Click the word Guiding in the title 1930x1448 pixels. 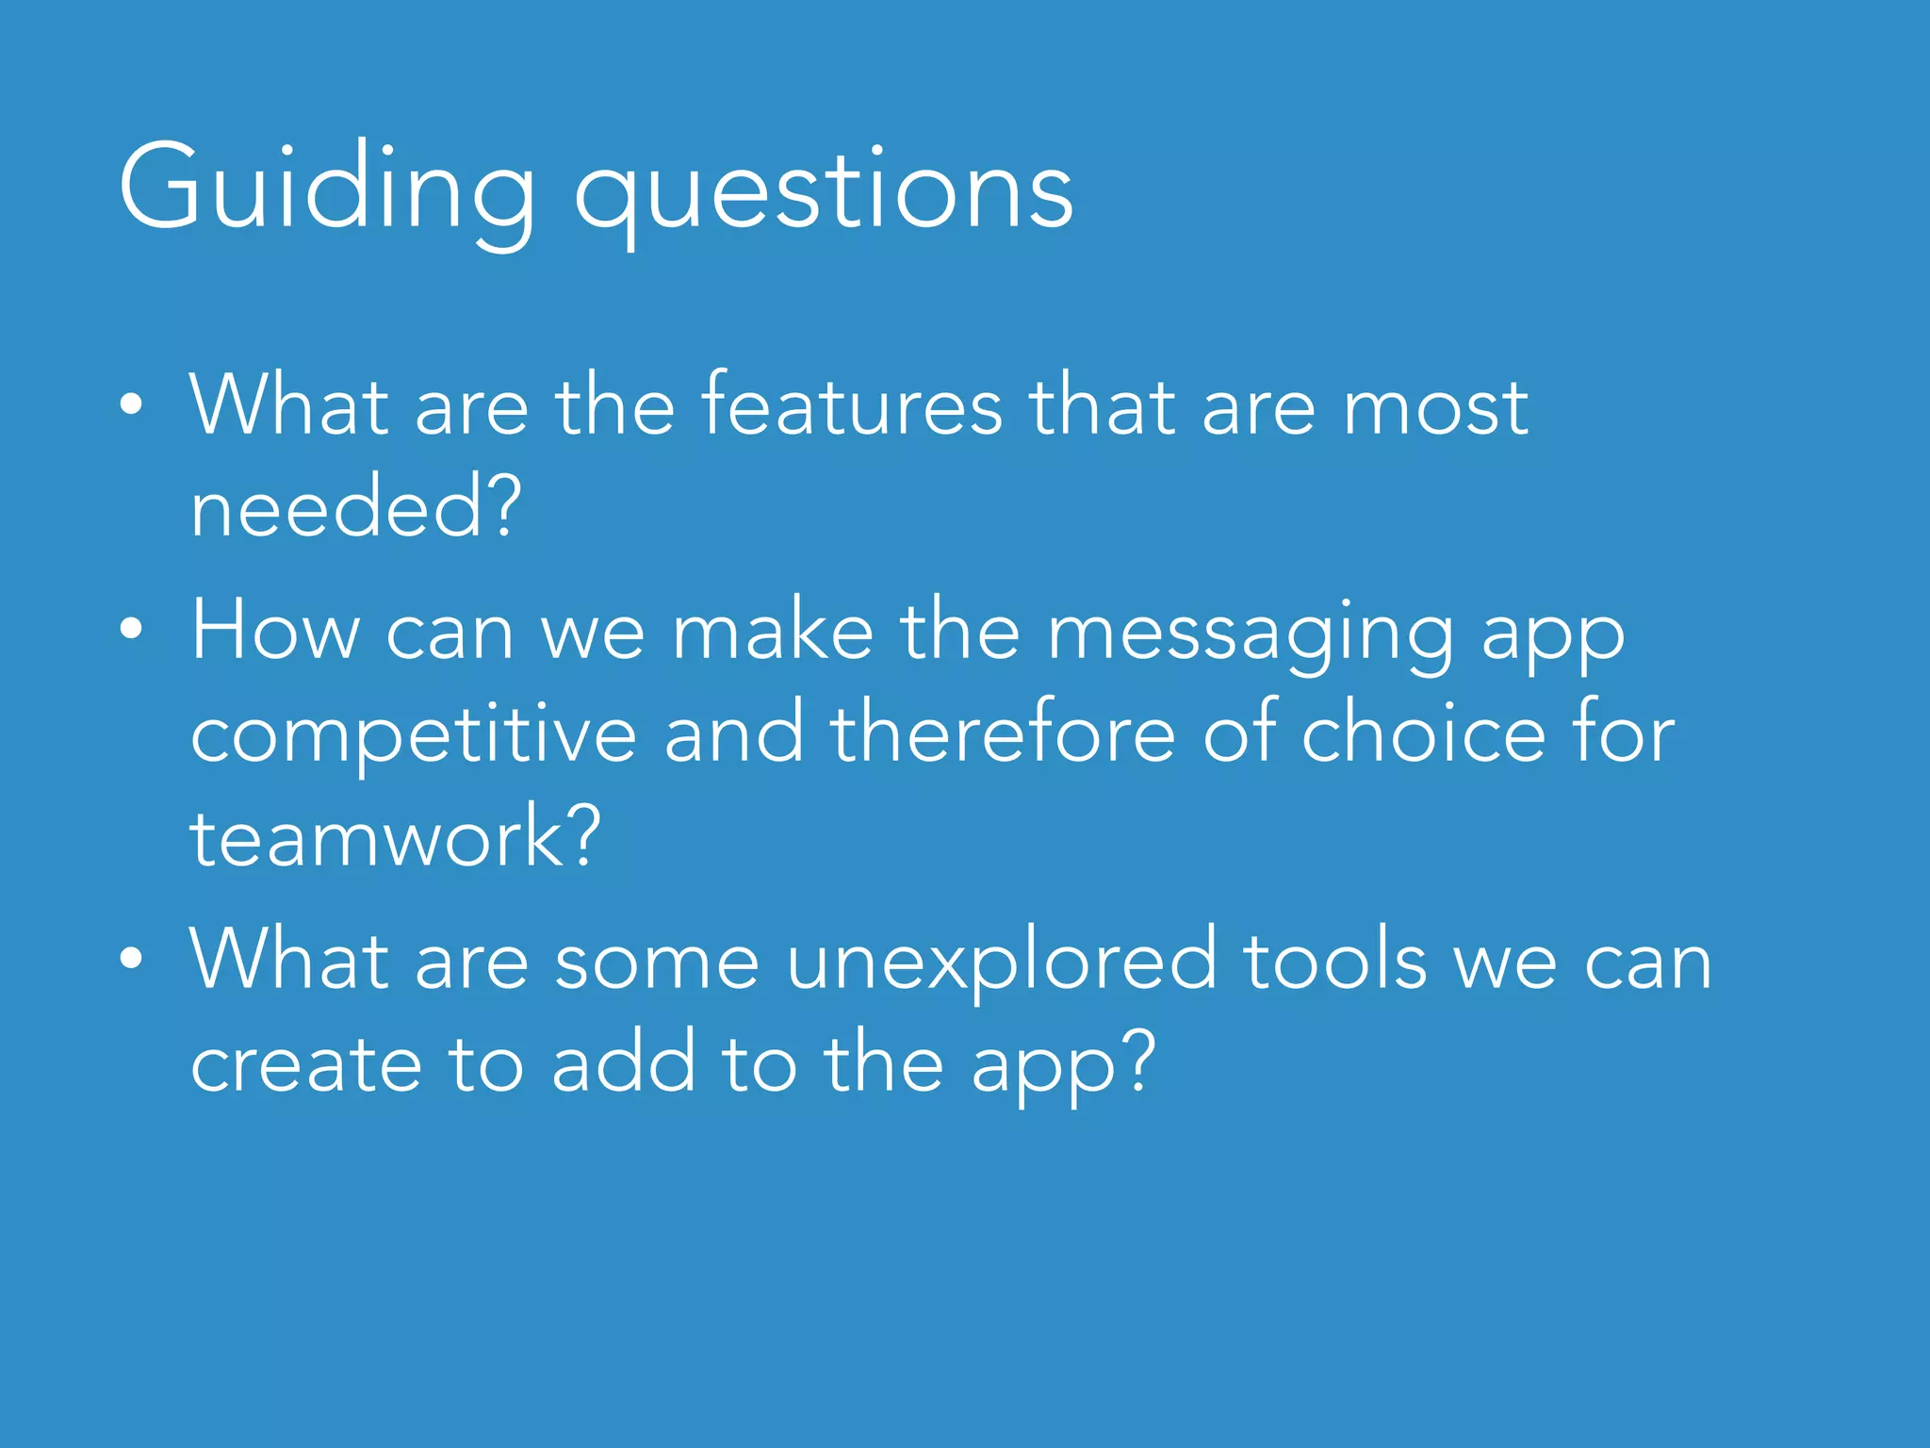click(x=325, y=189)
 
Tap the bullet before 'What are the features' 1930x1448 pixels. click(x=132, y=405)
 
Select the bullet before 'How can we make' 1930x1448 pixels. click(x=132, y=630)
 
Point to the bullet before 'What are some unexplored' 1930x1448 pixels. click(x=132, y=959)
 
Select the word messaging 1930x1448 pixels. click(x=1251, y=633)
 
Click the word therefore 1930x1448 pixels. click(x=1002, y=733)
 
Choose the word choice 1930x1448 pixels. click(x=1423, y=733)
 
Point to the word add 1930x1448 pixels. click(x=623, y=1063)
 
